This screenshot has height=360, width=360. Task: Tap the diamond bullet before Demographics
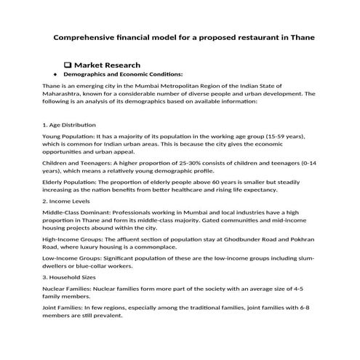point(55,75)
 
